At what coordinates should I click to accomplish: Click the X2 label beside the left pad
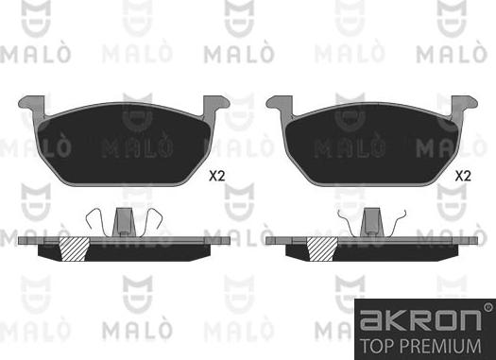215,176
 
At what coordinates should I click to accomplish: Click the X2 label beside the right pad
463,176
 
